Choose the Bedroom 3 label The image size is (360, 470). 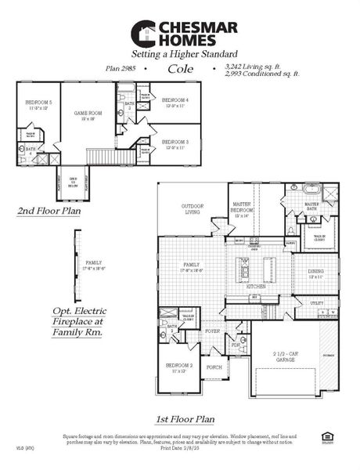click(175, 143)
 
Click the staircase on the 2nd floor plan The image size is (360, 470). click(104, 157)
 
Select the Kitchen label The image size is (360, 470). click(256, 287)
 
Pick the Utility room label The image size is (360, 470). click(316, 302)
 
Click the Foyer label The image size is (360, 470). click(212, 331)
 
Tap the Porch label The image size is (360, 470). click(213, 366)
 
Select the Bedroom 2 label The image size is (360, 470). click(178, 367)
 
